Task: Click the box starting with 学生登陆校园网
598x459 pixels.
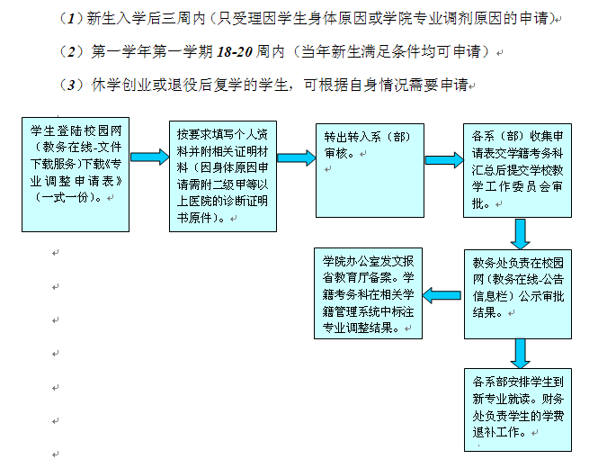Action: pos(76,175)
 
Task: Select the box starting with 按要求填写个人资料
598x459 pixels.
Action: pos(223,176)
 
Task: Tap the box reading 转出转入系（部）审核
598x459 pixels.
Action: pos(370,171)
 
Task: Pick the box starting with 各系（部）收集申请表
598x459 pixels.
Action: pos(518,171)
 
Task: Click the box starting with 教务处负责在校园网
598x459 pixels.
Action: pos(518,294)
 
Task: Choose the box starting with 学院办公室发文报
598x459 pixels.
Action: pos(368,293)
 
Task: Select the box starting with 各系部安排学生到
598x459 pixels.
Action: pos(518,409)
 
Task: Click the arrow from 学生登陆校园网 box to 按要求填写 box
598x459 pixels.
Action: pos(149,157)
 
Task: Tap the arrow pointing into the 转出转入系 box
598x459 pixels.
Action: pos(297,157)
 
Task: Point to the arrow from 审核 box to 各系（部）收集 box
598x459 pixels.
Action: pos(444,160)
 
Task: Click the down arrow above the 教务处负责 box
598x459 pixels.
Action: pos(520,234)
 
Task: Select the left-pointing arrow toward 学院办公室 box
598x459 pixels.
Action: pos(442,295)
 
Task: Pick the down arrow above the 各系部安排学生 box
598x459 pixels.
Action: pos(520,354)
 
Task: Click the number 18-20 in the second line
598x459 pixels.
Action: pos(235,51)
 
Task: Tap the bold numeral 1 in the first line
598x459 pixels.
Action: pos(71,19)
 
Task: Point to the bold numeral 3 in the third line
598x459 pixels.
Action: pos(71,85)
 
